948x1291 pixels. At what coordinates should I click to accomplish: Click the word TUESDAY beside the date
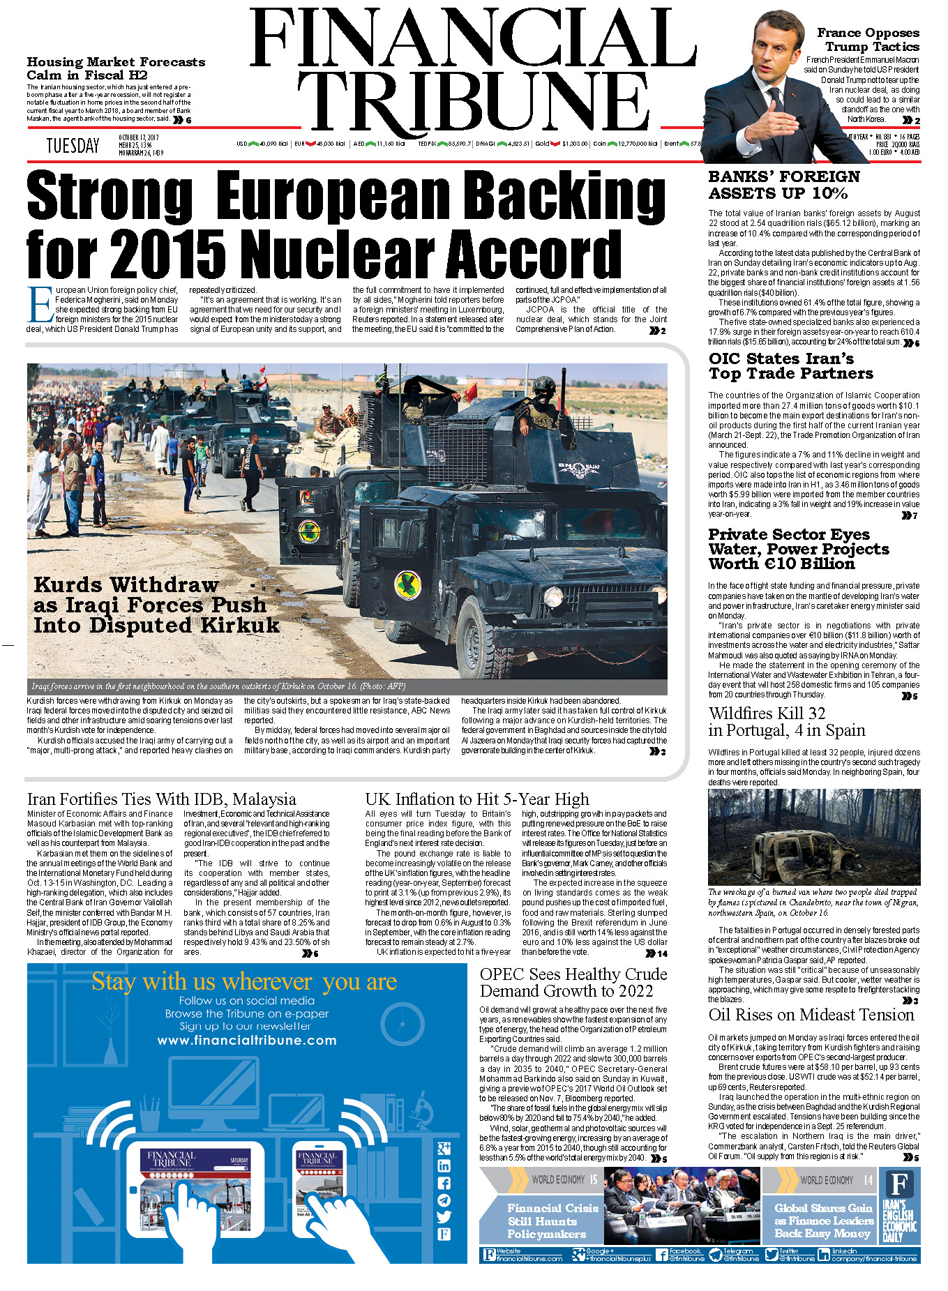73,146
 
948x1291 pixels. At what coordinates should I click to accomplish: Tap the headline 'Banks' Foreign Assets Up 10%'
784,185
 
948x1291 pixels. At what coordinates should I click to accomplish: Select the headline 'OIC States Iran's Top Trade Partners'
791,366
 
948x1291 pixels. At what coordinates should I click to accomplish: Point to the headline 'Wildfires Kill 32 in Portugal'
786,722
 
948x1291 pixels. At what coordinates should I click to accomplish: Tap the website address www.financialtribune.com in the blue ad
247,1040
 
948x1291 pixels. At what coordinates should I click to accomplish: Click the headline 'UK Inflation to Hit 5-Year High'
476,799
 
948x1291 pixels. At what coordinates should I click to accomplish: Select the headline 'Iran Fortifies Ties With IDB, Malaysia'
161,799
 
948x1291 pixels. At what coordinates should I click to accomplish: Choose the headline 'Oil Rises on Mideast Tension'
811,1015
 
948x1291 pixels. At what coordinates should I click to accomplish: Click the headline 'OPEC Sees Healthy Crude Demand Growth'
573,982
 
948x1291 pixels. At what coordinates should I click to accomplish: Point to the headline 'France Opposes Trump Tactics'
868,40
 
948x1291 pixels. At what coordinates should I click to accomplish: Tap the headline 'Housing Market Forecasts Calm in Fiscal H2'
116,68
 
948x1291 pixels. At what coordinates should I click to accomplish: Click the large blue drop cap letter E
40,305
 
